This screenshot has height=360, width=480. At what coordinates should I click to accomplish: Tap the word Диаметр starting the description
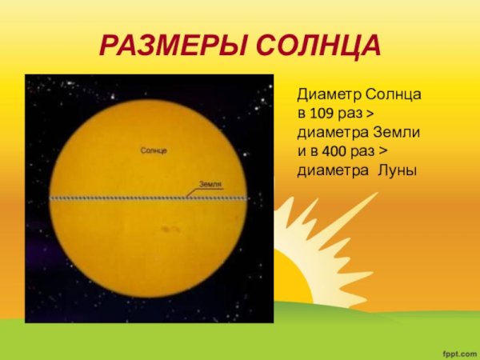(327, 95)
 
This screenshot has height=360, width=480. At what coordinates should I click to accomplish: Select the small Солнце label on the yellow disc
(154, 150)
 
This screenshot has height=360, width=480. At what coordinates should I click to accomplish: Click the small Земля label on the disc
(210, 184)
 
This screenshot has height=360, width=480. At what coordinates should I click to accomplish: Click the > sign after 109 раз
(379, 114)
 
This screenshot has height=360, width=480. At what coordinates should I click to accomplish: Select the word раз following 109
(356, 114)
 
